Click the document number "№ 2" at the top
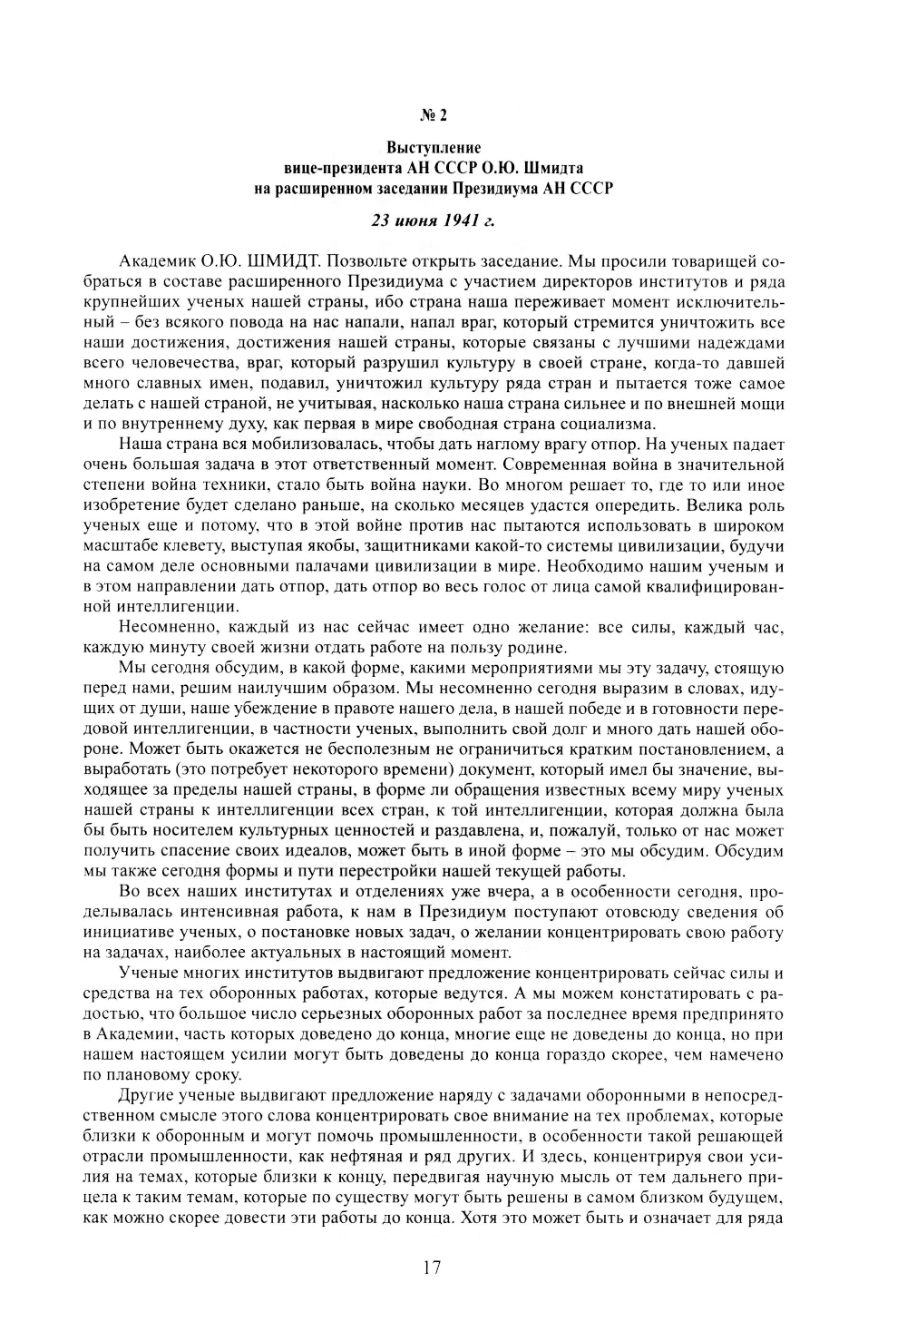click(x=433, y=115)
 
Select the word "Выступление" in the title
click(x=433, y=148)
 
